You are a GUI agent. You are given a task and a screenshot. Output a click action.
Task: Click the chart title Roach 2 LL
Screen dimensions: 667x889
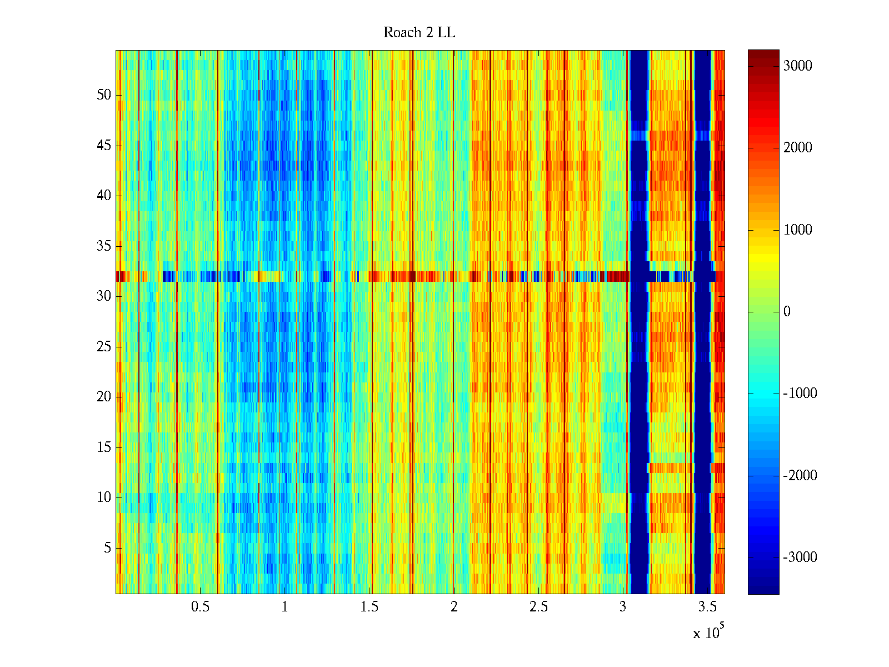419,33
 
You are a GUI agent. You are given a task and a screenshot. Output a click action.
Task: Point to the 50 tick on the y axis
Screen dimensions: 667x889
104,95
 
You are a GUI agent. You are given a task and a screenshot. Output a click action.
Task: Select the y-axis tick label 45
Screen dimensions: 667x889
104,146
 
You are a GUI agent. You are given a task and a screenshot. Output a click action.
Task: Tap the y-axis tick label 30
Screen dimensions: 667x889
104,296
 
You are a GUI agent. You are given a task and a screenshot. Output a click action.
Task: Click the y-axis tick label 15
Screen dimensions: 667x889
104,447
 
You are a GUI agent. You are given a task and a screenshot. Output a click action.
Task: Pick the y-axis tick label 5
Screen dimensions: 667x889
107,548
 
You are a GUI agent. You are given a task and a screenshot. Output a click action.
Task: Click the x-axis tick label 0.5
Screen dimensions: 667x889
200,607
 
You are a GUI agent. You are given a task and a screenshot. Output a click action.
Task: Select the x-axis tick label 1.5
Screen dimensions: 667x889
369,607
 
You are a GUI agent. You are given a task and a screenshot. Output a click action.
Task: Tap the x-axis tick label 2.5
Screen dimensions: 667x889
538,607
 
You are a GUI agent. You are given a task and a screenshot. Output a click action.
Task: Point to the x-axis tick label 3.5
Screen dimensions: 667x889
708,607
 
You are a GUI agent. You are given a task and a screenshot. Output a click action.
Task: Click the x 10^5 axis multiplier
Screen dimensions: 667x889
708,632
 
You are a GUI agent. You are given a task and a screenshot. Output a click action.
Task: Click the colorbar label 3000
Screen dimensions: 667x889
797,66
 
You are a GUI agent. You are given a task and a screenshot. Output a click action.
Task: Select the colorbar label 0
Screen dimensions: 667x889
787,312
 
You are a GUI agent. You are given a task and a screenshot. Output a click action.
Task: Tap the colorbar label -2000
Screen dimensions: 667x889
800,476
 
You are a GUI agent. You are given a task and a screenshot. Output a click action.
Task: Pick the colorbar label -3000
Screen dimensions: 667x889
800,558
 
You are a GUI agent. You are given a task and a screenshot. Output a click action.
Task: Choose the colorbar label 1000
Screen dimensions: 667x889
797,230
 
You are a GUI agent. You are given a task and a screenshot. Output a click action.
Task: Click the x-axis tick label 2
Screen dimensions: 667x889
454,607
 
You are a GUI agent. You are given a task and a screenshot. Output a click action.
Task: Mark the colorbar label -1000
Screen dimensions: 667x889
800,394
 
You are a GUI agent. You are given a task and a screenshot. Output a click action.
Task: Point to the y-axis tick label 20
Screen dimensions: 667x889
104,397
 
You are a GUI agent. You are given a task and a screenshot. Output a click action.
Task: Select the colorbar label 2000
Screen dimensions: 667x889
797,148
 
